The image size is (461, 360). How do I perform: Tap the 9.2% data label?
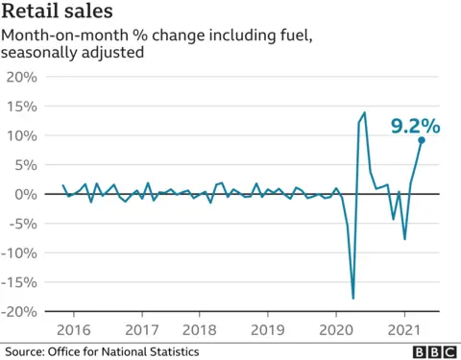415,125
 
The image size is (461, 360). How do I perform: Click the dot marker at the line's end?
422,140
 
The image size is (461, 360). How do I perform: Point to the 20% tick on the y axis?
21,77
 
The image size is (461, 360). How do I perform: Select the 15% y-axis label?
21,106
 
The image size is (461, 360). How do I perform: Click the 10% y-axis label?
21,135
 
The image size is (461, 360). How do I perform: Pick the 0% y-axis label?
26,194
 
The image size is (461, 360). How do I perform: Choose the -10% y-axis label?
18,253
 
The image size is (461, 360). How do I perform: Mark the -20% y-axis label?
18,312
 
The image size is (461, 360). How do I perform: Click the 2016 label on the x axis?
73,329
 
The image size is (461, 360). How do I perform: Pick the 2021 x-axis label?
403,329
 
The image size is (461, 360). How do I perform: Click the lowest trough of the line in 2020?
353,299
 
